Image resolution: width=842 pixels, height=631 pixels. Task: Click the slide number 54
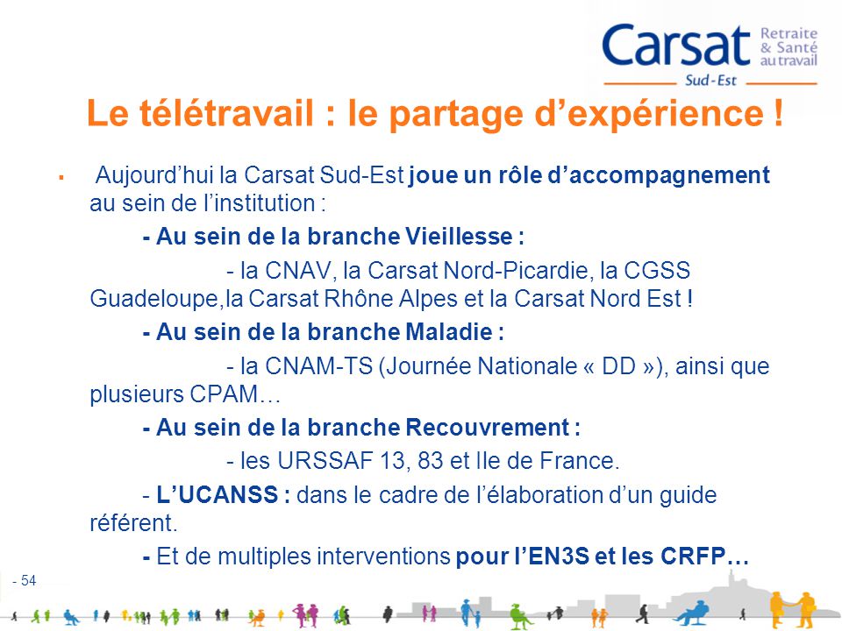click(x=28, y=580)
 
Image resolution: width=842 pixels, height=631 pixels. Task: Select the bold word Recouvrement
click(x=488, y=429)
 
